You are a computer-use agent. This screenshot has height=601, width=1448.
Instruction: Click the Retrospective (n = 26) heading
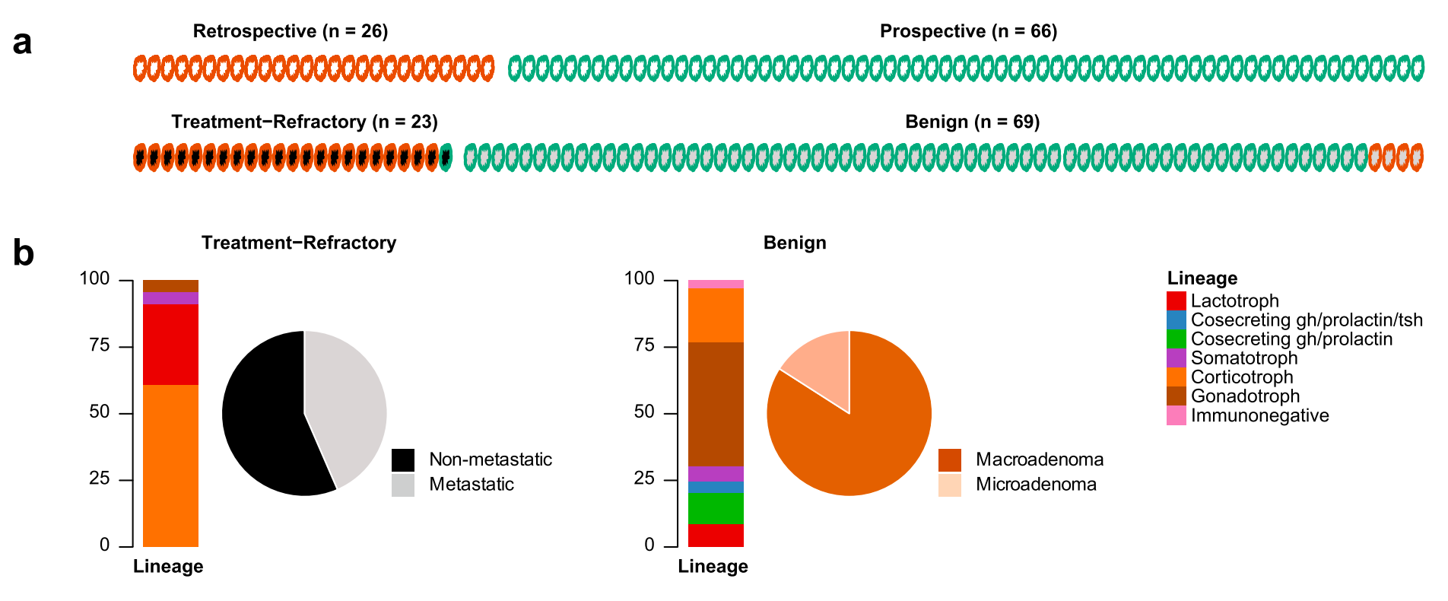coord(291,31)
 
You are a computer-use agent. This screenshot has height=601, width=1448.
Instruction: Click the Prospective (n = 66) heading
coord(968,31)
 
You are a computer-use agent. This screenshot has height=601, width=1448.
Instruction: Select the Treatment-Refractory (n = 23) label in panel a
coord(304,122)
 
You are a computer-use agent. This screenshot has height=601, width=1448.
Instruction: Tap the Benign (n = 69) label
coord(972,122)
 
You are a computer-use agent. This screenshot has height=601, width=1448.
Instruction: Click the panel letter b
coord(24,253)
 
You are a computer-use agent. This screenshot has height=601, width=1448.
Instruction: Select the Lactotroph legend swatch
coord(1176,301)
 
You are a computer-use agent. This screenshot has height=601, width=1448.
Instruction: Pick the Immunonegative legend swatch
coord(1176,415)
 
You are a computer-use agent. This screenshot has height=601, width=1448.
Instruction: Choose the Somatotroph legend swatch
coord(1176,358)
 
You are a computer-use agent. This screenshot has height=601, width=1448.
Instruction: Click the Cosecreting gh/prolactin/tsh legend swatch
coord(1176,320)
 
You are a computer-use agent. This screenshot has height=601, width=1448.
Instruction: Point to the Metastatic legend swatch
coord(403,485)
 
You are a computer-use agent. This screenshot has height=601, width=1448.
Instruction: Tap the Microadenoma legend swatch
coord(949,485)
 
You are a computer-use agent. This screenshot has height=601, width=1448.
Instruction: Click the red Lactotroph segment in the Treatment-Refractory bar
coord(170,344)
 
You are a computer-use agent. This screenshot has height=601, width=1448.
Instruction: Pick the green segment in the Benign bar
coord(716,508)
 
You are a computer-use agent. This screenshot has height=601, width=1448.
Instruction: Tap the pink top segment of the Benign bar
coord(716,284)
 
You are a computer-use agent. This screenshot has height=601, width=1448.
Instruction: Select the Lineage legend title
coord(1202,278)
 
